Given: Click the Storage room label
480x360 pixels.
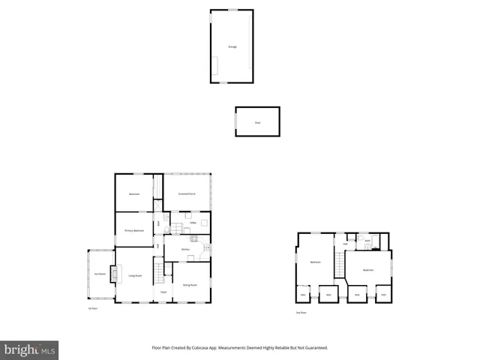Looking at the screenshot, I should (x=232, y=47).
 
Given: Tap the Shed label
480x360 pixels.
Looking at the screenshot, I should (x=257, y=121).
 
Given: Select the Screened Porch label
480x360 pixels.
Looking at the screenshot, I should (x=187, y=194).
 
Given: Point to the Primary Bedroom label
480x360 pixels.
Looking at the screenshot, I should (x=134, y=230).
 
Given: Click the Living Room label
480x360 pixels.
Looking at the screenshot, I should (x=135, y=276).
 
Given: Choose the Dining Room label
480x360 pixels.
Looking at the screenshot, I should (x=190, y=285).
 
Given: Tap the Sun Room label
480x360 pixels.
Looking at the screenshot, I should (x=100, y=274).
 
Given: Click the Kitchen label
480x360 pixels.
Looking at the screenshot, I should (x=184, y=248).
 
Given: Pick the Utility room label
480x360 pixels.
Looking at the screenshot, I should (x=193, y=223).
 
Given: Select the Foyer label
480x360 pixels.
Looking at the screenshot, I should (x=163, y=292).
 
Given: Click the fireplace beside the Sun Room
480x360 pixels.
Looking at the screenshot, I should (x=114, y=274).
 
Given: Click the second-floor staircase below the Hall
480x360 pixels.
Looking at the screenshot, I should (x=340, y=263).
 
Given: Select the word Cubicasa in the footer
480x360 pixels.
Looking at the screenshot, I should (x=197, y=348).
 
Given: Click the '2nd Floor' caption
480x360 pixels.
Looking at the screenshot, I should (x=301, y=312).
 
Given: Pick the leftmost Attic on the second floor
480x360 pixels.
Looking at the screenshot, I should (x=303, y=295).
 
